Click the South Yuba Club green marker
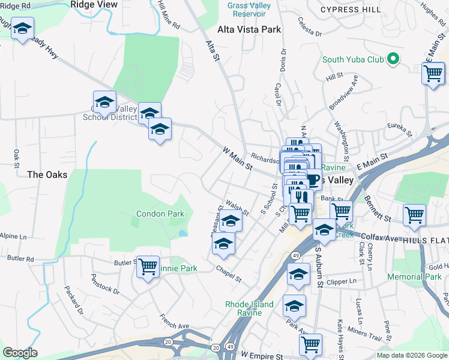tap(393, 59)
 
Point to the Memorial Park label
tap(414, 277)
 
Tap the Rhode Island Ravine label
tap(249, 308)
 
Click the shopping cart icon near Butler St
tap(148, 267)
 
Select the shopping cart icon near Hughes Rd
tap(433, 74)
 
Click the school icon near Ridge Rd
tap(23, 28)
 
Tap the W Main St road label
tap(237, 158)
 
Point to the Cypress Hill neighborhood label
tap(351, 10)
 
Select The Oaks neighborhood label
tap(47, 175)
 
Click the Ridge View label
tap(94, 4)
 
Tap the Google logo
tap(20, 353)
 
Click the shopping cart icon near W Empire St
tap(310, 344)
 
